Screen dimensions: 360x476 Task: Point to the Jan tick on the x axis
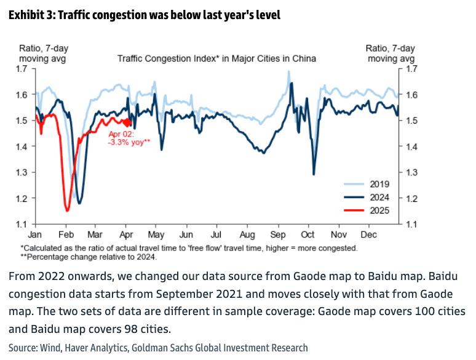coord(34,235)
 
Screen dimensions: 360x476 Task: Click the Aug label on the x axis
coord(247,235)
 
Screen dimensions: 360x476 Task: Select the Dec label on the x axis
coord(368,235)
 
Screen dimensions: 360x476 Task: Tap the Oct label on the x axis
coord(307,235)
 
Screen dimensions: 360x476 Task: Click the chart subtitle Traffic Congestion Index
coord(217,59)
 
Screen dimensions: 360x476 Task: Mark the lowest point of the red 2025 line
coord(67,211)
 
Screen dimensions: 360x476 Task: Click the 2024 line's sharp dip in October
coord(314,174)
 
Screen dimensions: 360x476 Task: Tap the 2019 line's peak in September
coord(288,71)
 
